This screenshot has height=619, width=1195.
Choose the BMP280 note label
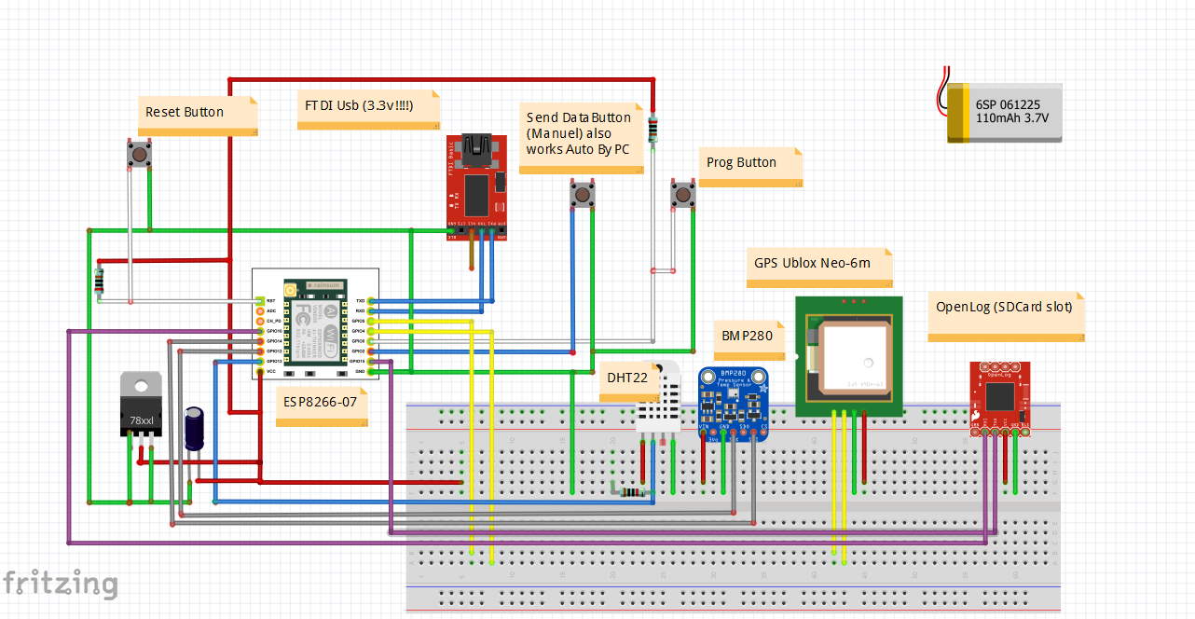[749, 336]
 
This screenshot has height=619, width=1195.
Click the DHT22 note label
[626, 378]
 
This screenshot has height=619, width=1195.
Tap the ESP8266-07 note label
[319, 407]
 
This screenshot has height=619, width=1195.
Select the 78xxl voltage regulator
[141, 406]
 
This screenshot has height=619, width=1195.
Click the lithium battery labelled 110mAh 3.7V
[1005, 112]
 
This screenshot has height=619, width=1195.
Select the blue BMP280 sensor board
[733, 402]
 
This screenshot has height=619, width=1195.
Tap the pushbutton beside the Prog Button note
[683, 196]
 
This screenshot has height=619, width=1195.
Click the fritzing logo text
[61, 584]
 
